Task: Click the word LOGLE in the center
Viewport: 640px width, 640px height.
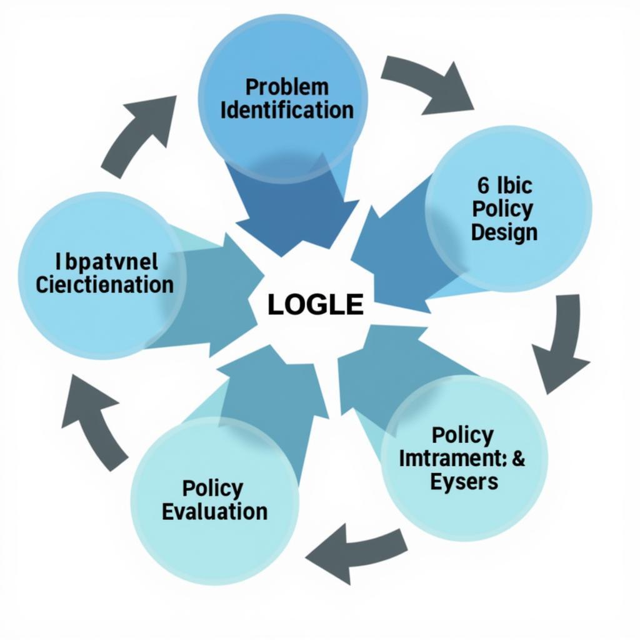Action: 316,304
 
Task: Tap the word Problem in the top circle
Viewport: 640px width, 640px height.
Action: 287,86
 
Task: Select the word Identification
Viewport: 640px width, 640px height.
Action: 287,111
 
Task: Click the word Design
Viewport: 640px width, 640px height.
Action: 504,232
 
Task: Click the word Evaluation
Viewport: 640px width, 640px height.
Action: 214,511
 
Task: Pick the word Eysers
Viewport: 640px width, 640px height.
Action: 464,482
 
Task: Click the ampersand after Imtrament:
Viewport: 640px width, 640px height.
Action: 518,458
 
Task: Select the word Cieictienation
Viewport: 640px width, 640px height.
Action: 104,284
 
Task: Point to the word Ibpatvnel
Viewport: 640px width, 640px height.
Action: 107,261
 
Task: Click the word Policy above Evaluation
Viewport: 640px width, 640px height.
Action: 213,487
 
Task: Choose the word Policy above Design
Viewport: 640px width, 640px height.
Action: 502,209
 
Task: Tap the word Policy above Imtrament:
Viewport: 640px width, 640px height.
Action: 462,435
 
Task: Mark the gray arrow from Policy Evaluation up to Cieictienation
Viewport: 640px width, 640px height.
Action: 94,419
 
